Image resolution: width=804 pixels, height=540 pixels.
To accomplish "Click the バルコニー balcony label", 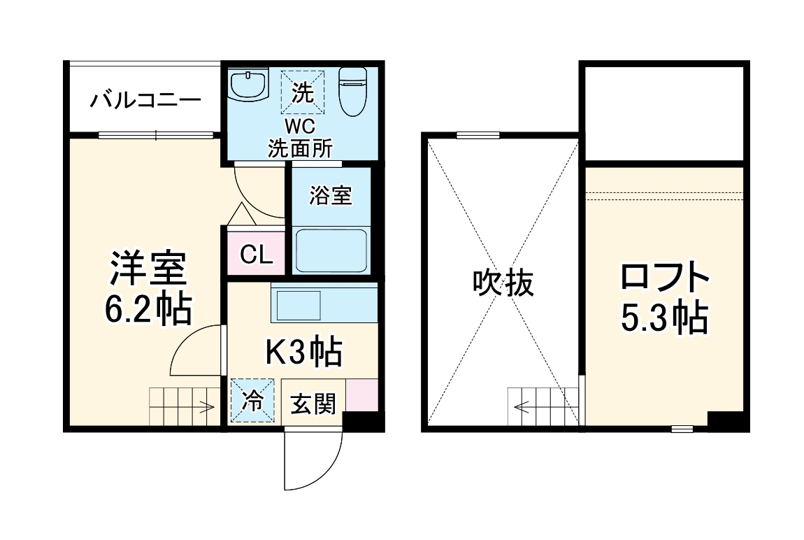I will (145, 101).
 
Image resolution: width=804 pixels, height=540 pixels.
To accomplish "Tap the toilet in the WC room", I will (352, 91).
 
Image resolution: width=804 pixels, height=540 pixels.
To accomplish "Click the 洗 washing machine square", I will (303, 92).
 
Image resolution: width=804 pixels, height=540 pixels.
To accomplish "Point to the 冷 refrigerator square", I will (252, 401).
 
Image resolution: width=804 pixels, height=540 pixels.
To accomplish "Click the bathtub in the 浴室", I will (331, 250).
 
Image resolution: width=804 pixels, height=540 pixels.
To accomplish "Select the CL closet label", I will (256, 255).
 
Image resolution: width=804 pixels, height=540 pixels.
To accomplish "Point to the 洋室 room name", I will (148, 269).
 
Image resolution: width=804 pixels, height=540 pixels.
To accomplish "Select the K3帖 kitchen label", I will (303, 352).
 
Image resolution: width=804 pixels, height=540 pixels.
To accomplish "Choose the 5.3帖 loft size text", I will (664, 318).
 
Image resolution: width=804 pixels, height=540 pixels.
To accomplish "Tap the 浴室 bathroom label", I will (331, 197).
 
